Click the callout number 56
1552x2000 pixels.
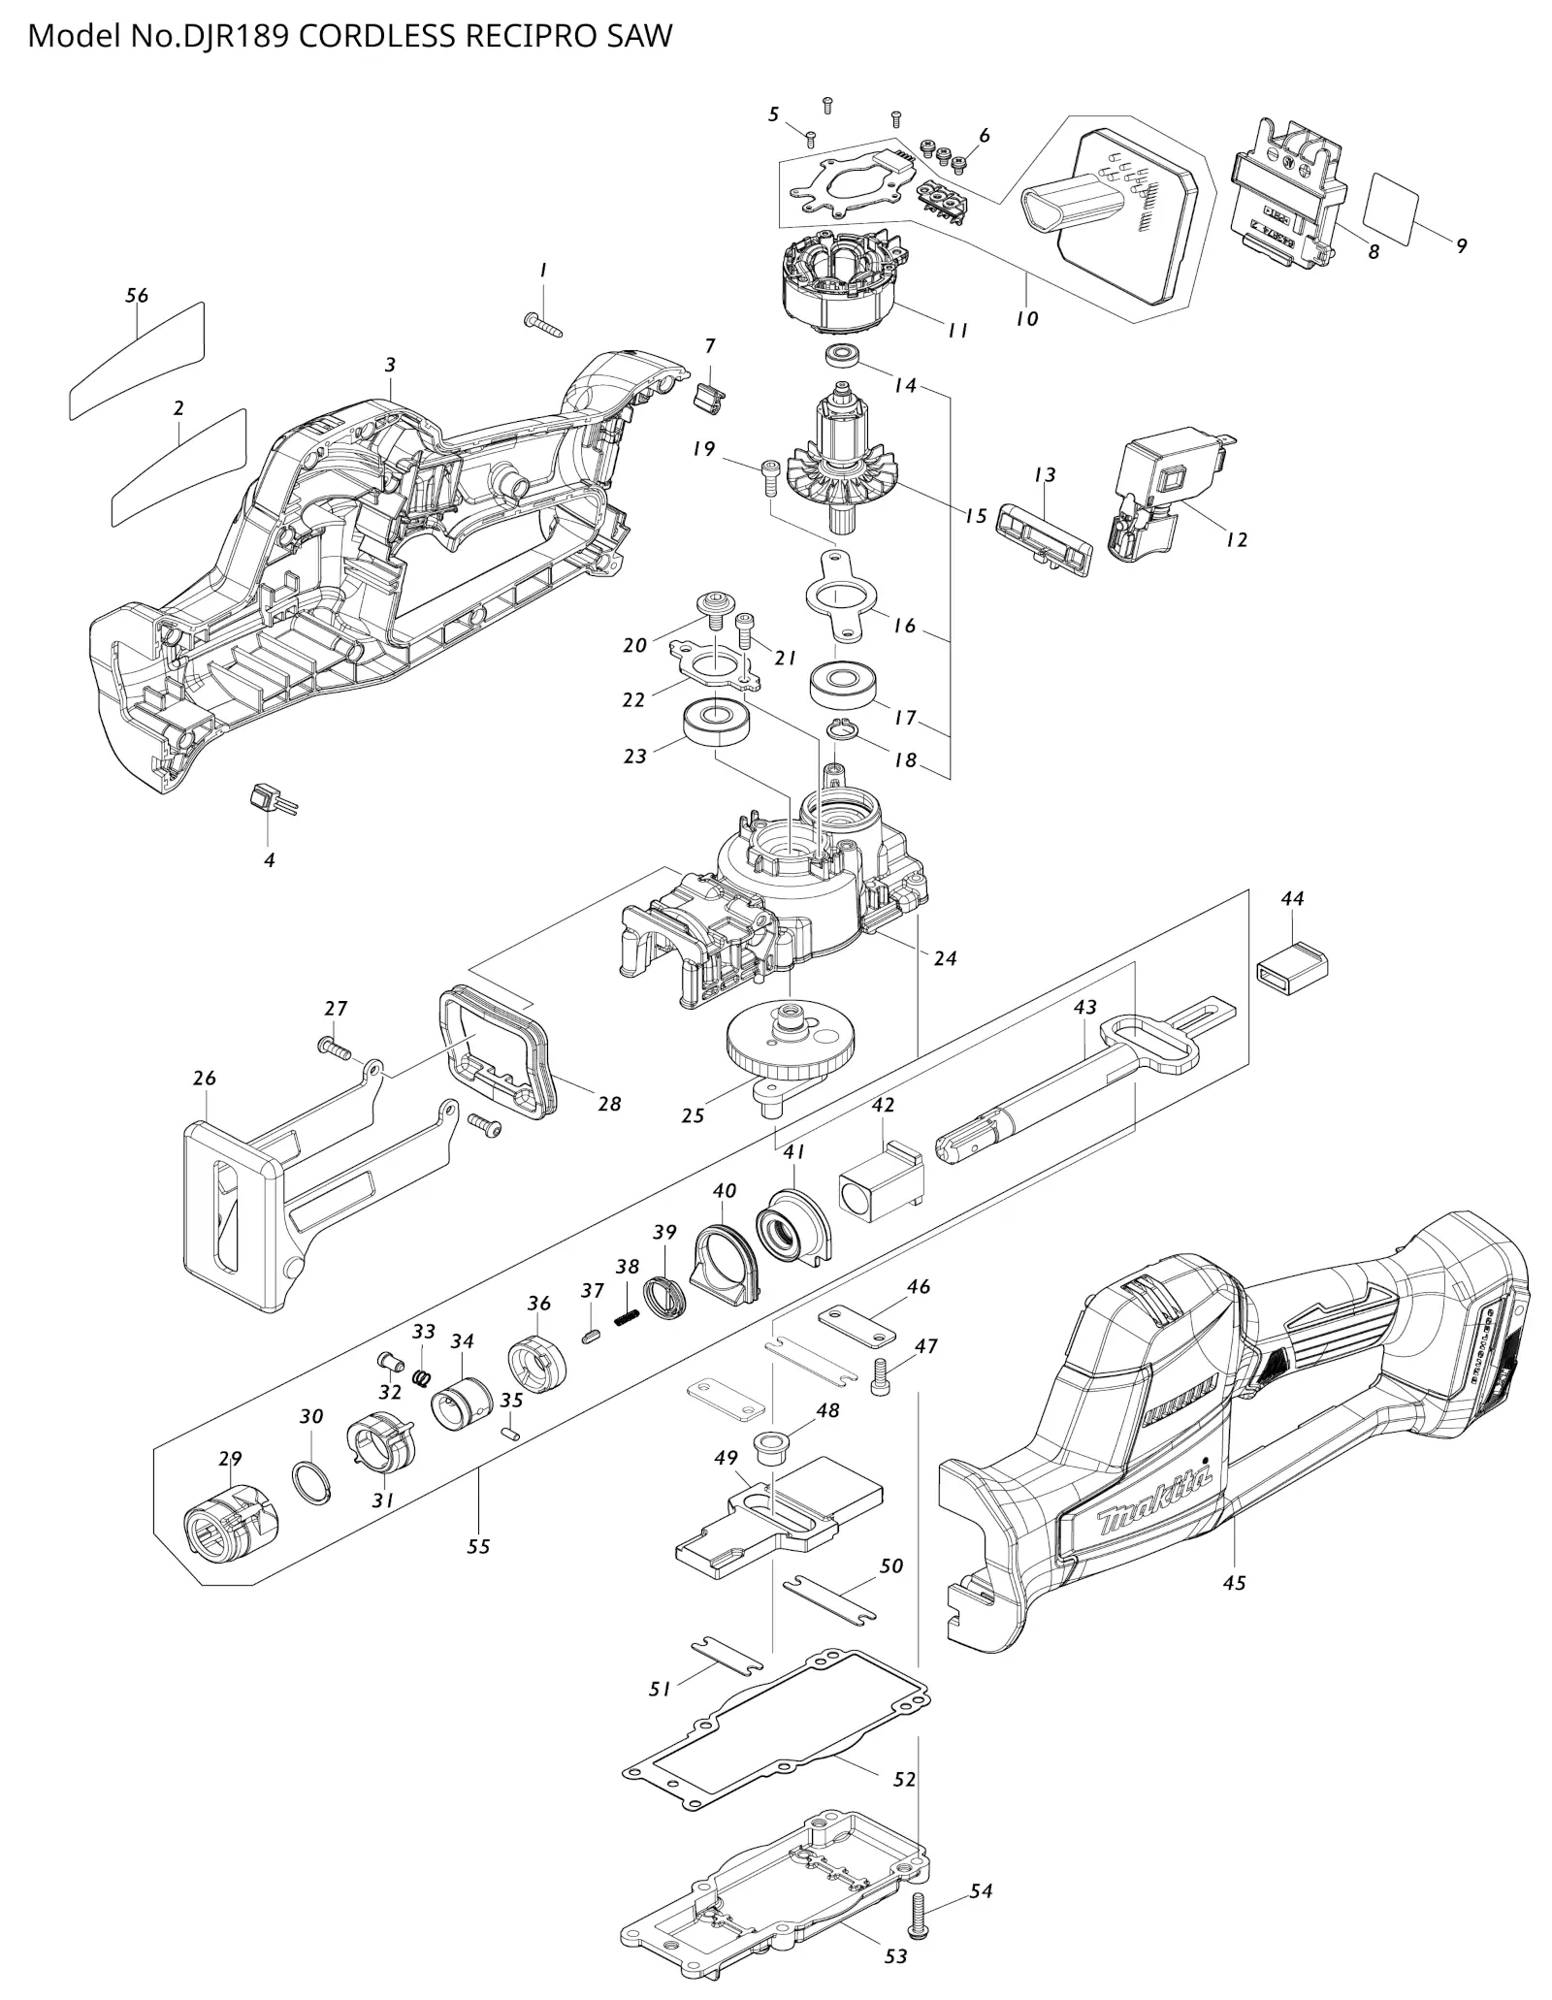point(137,295)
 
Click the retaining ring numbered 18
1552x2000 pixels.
point(842,730)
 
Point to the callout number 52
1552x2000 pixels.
point(904,1779)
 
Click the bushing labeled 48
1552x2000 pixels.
point(770,1443)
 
